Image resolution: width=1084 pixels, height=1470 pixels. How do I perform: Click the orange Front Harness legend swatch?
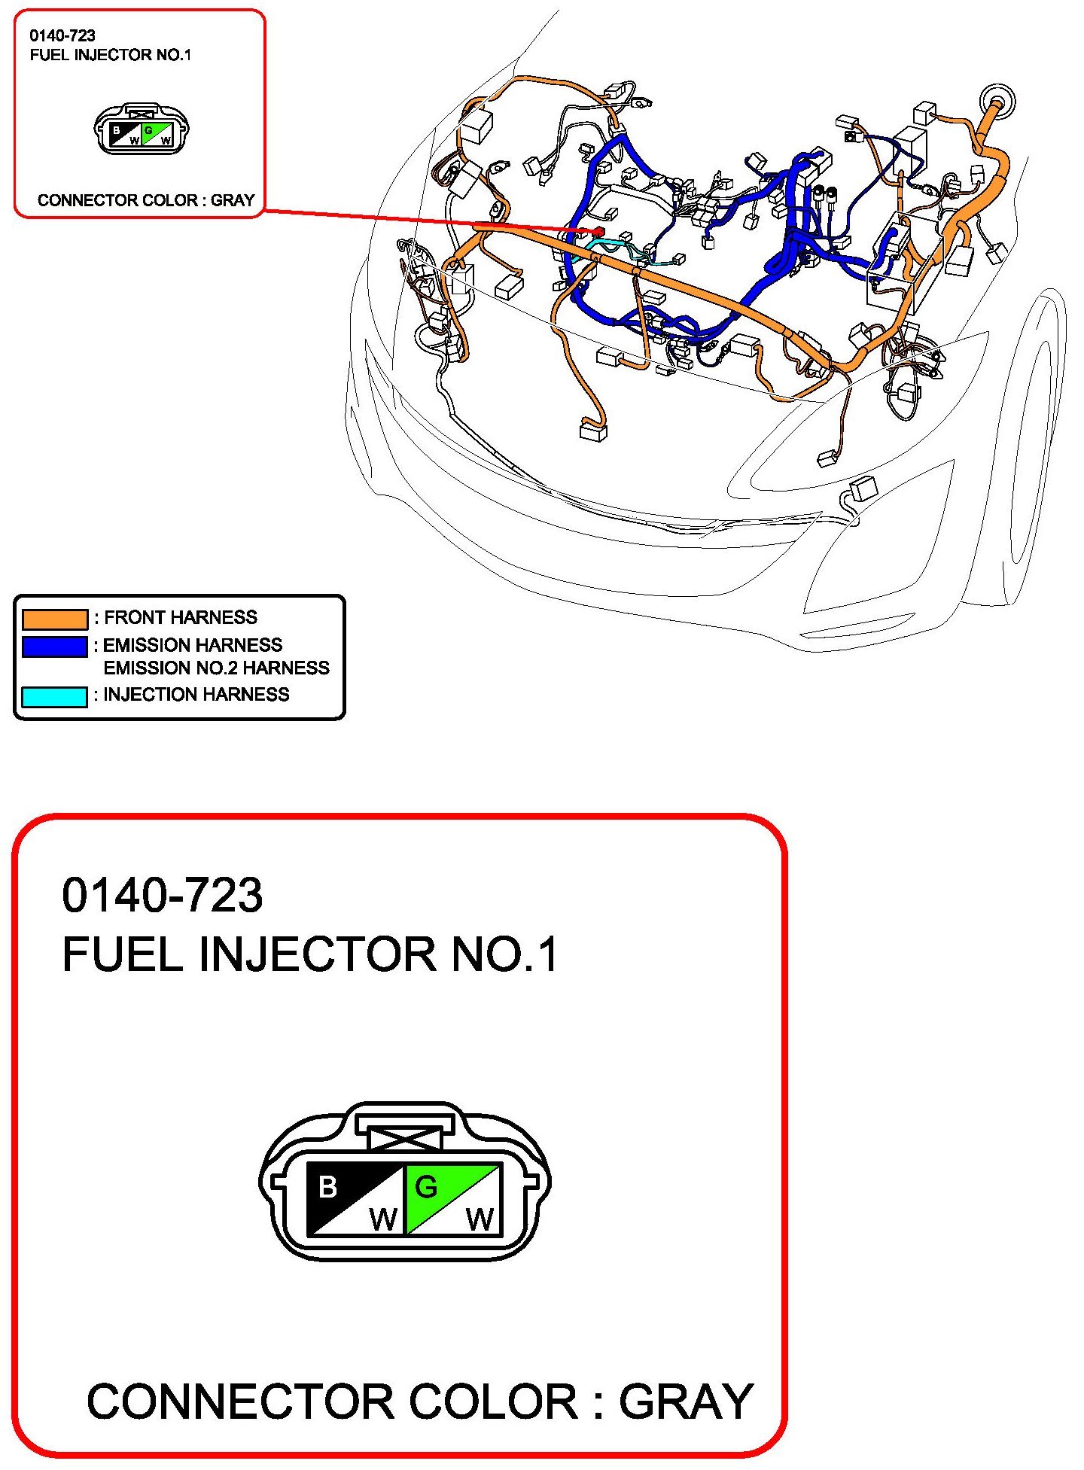coord(54,619)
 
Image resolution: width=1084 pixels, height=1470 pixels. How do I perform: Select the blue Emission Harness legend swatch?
coord(54,647)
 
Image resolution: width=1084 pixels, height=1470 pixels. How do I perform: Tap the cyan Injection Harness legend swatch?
coord(54,696)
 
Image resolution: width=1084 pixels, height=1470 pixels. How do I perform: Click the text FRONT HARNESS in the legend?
coord(181,618)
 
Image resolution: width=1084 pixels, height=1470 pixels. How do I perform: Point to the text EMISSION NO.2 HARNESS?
coord(216,668)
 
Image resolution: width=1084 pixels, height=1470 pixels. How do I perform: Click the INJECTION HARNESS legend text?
coord(196,695)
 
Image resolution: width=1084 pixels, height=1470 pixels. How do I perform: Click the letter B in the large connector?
coord(328,1188)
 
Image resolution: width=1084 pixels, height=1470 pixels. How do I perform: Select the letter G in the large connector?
coord(426,1188)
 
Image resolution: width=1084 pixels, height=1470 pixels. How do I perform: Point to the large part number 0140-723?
coord(162,896)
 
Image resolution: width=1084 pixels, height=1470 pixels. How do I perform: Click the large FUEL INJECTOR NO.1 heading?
coord(309,954)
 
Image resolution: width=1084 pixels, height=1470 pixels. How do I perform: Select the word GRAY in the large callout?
coord(686,1402)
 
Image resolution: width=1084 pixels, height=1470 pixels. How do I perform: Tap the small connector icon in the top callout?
coord(142,130)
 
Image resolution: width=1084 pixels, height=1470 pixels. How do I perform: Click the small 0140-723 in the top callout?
coord(62,35)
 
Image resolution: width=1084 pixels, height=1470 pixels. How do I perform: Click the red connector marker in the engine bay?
coord(599,231)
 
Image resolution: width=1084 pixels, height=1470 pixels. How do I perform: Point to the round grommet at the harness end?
coord(997,101)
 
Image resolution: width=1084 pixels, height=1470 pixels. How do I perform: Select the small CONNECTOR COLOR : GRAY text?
coord(146,200)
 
